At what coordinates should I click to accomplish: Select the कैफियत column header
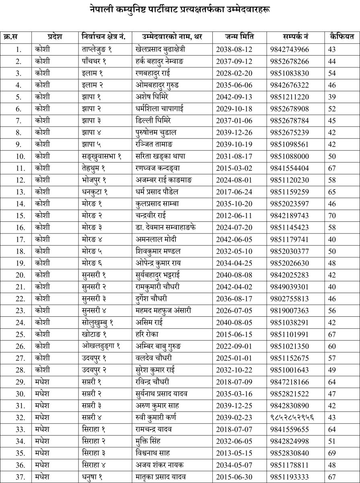point(341,37)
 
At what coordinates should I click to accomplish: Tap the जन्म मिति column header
point(239,37)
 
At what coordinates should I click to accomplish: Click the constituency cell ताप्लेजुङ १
point(99,50)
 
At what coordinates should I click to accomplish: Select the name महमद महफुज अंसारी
point(163,310)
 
